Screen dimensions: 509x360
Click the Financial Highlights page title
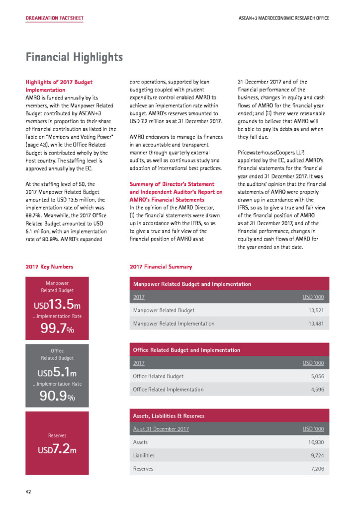pos(74,57)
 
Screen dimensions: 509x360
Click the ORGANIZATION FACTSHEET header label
pos(55,18)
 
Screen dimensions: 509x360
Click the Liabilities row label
pos(144,455)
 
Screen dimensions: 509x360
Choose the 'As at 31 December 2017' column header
pos(161,429)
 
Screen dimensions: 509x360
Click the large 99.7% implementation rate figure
pos(57,329)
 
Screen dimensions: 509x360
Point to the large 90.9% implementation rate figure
pos(57,397)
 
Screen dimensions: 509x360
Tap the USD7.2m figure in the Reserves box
pos(57,450)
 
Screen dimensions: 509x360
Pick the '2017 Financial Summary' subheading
pos(160,267)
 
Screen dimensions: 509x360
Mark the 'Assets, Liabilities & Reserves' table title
pos(169,416)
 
